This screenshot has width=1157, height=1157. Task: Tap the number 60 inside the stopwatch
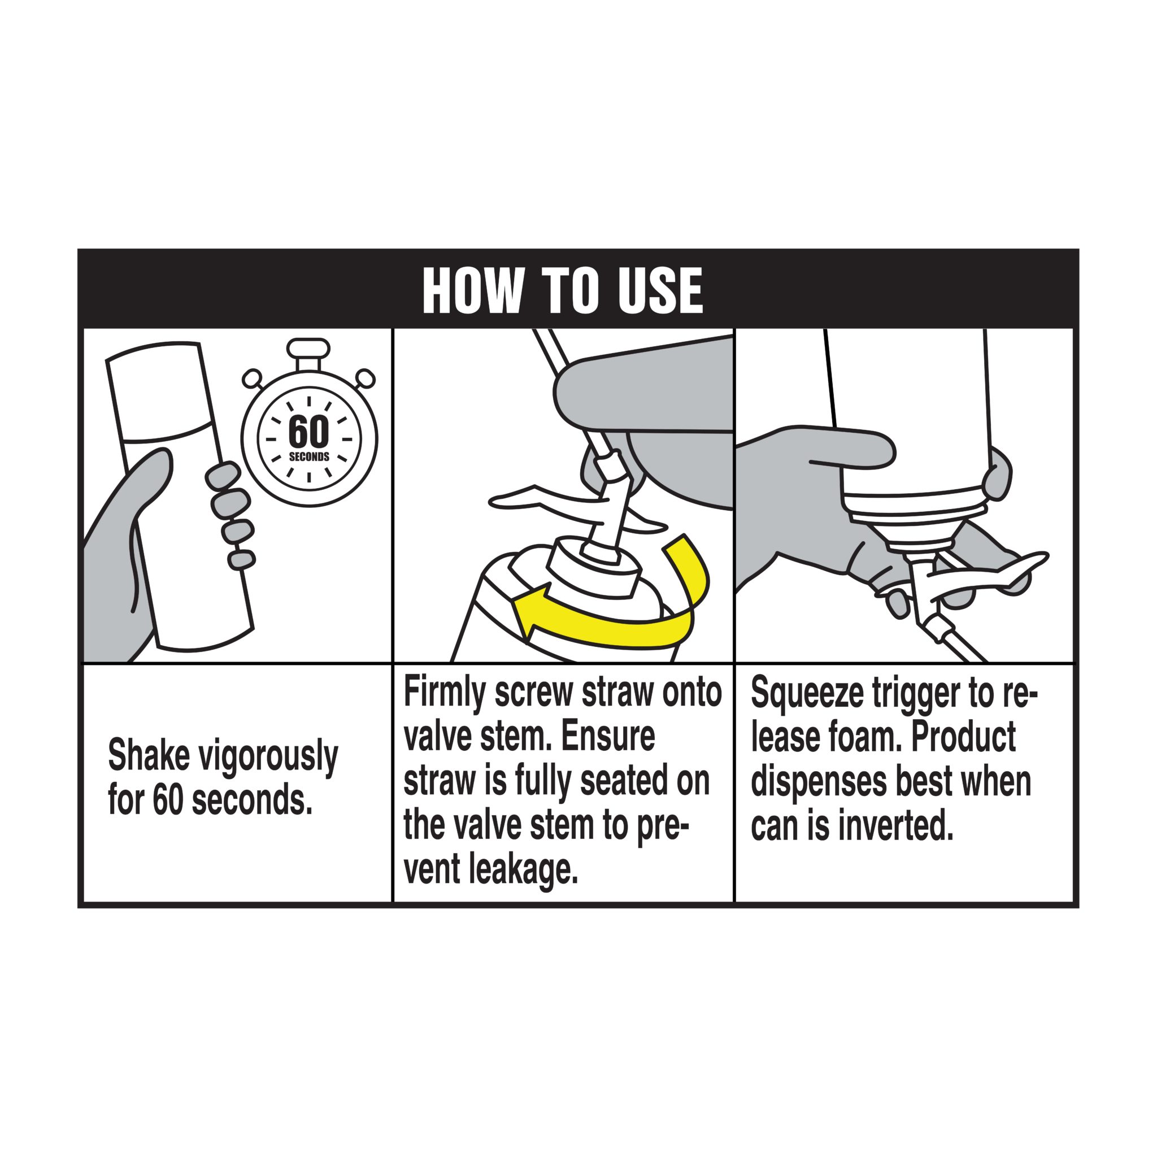(x=308, y=431)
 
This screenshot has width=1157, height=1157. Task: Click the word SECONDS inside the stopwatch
(x=309, y=457)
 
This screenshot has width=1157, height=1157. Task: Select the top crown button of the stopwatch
(x=308, y=347)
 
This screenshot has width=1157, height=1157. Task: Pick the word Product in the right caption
(x=964, y=738)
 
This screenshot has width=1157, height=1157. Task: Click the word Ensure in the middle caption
(x=608, y=738)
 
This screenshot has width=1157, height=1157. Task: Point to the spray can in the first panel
(x=180, y=497)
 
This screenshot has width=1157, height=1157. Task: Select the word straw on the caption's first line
(x=617, y=693)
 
